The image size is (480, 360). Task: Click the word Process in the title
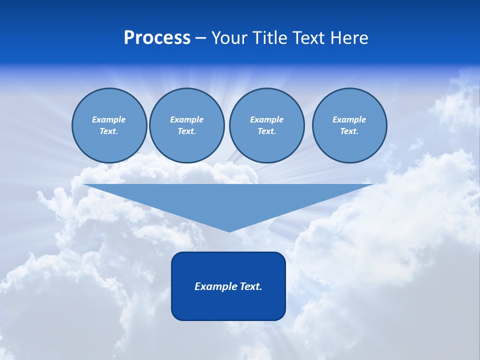(157, 38)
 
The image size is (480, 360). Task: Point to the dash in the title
(200, 38)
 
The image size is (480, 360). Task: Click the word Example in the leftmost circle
(109, 119)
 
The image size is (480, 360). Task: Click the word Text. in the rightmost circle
(349, 131)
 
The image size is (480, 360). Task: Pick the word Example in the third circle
(266, 119)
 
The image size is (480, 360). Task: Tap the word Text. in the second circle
(186, 131)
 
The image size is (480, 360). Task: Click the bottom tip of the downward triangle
(229, 230)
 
